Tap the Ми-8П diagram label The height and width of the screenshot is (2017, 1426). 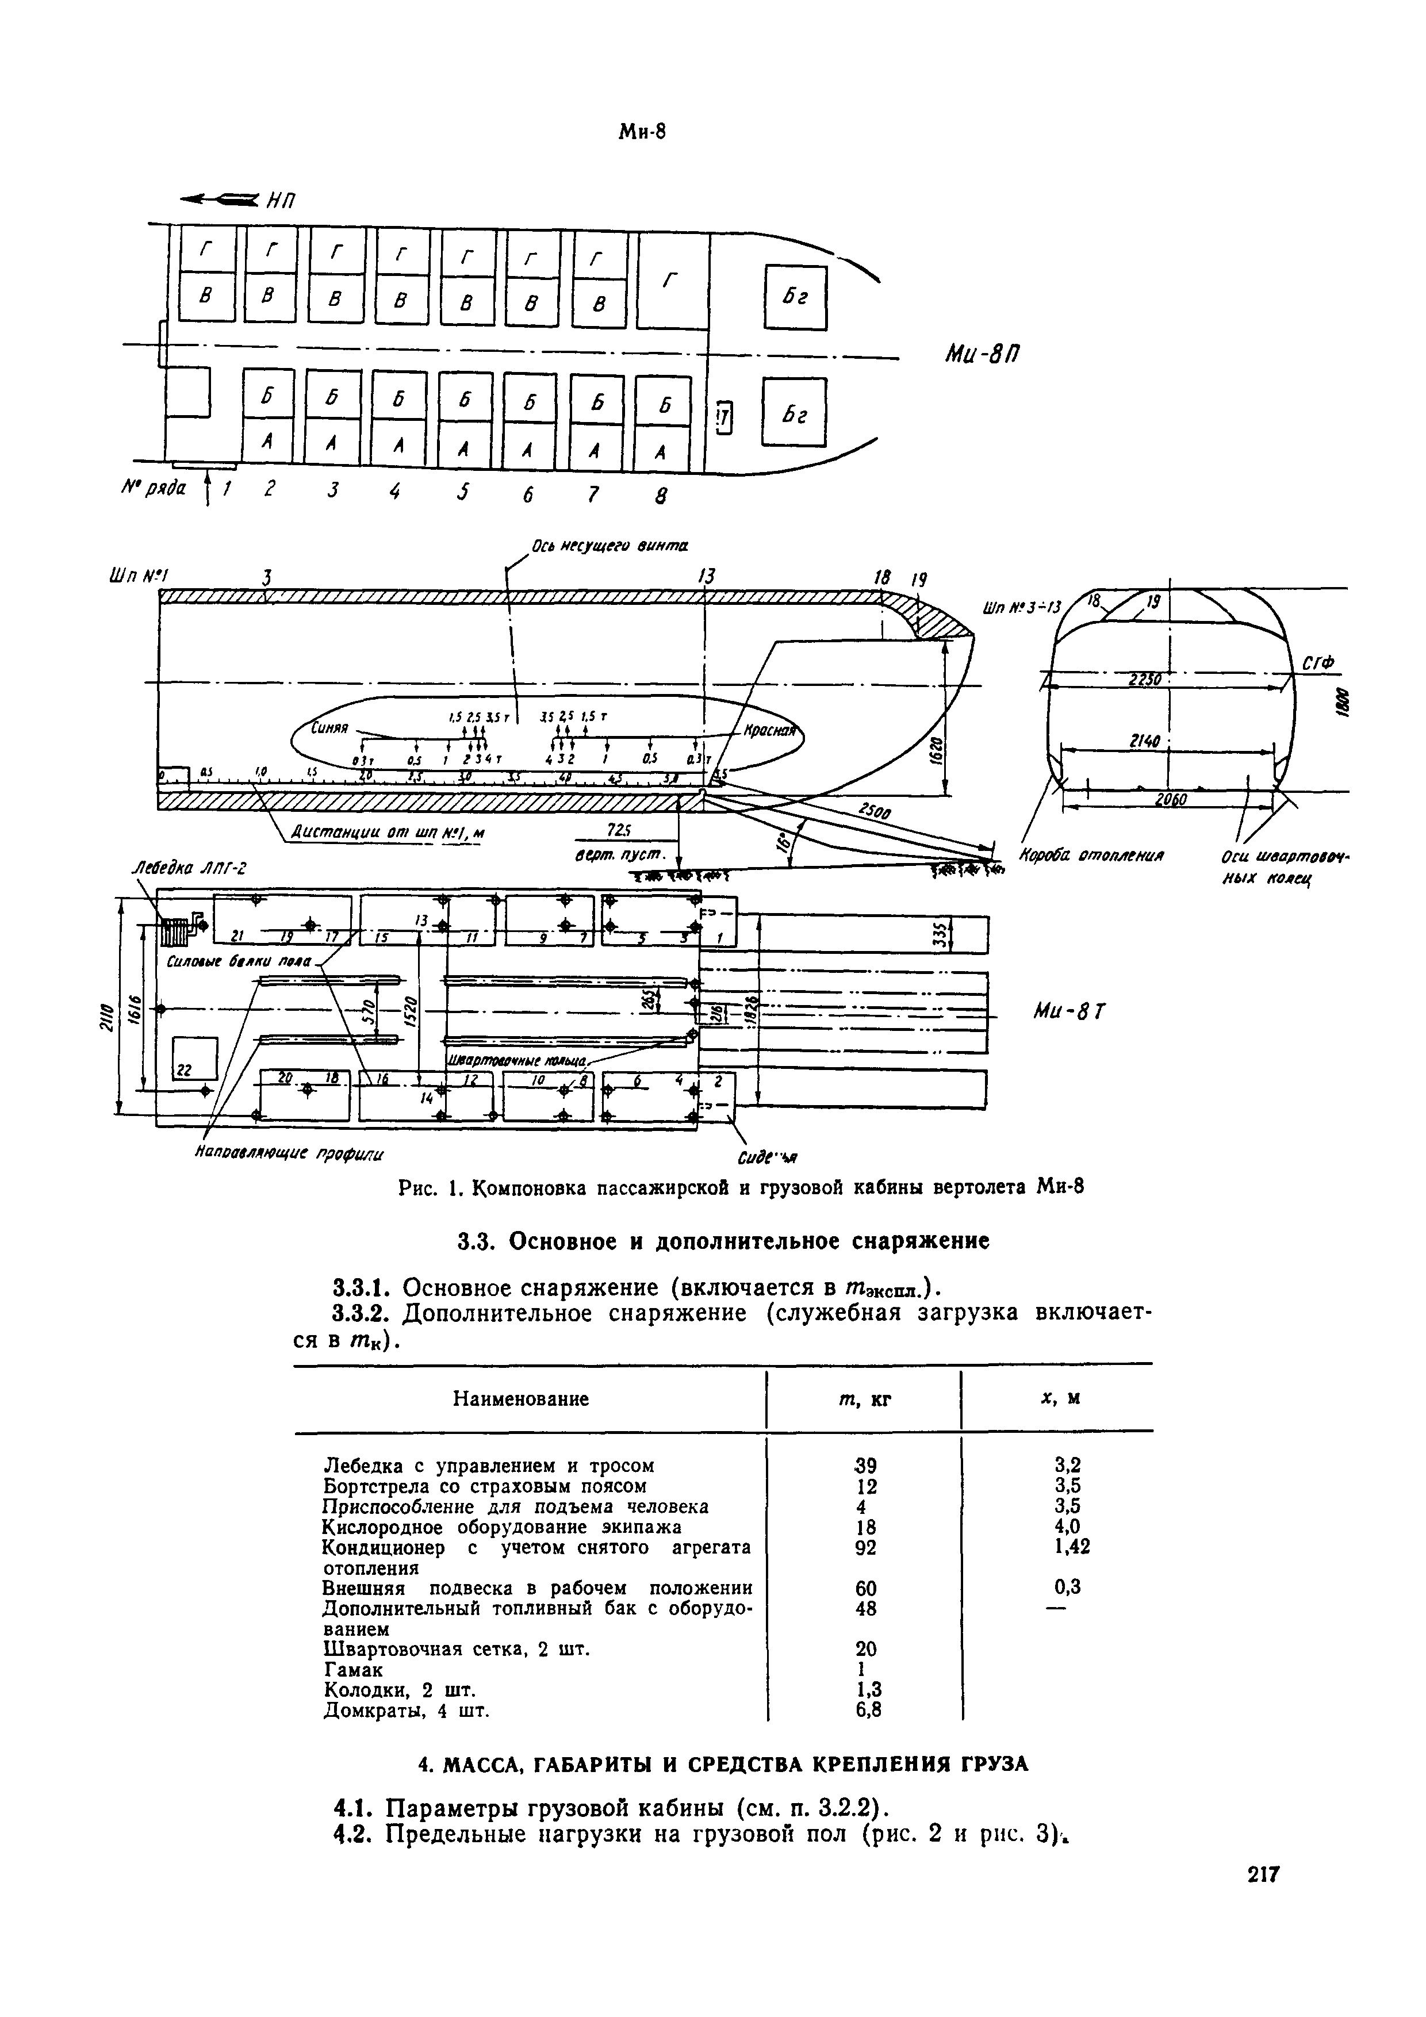tap(982, 354)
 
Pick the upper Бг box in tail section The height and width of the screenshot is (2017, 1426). tap(795, 298)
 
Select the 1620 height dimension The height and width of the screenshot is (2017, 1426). tap(937, 749)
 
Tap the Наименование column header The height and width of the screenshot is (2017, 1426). tap(520, 1398)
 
